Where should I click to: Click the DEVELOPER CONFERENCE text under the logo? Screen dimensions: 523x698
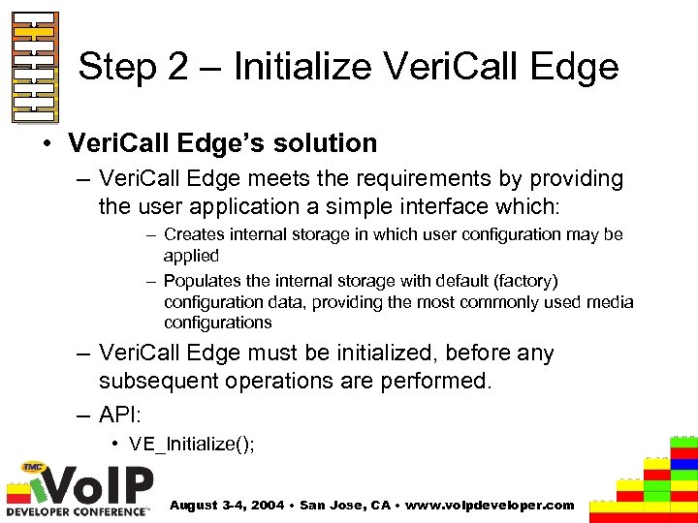coord(78,510)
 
